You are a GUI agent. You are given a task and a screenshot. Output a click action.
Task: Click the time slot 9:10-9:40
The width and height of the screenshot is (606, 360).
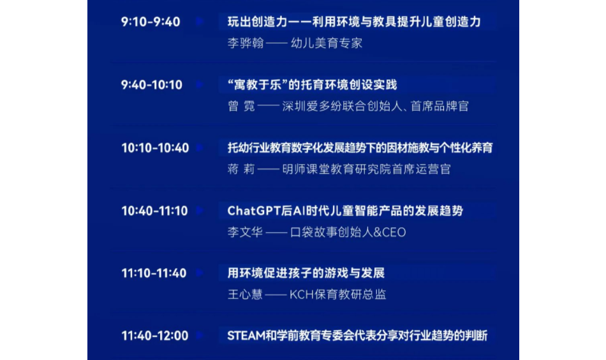point(151,22)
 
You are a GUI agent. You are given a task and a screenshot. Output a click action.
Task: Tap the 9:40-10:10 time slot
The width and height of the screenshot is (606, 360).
point(152,85)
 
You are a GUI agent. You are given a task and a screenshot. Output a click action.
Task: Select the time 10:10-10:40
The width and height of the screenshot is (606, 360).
point(155,147)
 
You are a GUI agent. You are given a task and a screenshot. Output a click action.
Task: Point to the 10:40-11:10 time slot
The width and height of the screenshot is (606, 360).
point(154,211)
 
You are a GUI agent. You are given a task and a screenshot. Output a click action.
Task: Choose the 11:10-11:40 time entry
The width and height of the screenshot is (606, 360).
point(154,273)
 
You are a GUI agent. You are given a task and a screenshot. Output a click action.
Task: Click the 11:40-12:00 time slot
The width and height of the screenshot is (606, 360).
point(154,336)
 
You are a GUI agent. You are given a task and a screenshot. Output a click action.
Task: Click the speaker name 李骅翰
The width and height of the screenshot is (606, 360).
point(246,43)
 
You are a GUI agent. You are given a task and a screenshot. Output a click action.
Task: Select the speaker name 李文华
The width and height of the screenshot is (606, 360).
point(245,232)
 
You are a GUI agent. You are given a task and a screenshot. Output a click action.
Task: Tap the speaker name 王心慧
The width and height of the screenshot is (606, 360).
point(245,295)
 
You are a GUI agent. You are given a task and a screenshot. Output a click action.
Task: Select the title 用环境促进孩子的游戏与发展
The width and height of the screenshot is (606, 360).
point(306,273)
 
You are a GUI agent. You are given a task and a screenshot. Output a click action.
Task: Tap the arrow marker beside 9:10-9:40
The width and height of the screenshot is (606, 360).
point(200,21)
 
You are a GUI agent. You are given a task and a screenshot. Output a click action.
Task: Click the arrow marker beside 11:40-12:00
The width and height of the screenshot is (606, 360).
point(200,335)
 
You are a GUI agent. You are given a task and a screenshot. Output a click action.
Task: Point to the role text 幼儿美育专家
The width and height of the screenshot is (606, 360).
point(327,43)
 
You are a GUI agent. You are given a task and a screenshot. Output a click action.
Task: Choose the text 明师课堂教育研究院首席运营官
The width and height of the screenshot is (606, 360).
point(366,169)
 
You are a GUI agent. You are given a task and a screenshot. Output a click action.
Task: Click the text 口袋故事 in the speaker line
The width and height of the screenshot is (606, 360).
point(313,232)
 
